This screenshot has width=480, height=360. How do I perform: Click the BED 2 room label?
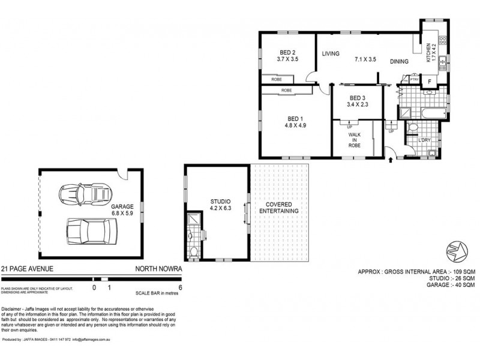pos(287,52)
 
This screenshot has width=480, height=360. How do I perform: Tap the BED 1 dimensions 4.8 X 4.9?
pos(295,126)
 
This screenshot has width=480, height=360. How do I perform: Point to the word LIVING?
pos(331,54)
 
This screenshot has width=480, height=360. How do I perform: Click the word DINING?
pos(400,61)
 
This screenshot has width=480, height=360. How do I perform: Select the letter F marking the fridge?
pos(430,83)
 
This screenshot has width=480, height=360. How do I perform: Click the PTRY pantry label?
pos(414,79)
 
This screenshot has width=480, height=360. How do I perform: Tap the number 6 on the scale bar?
pos(180,287)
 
